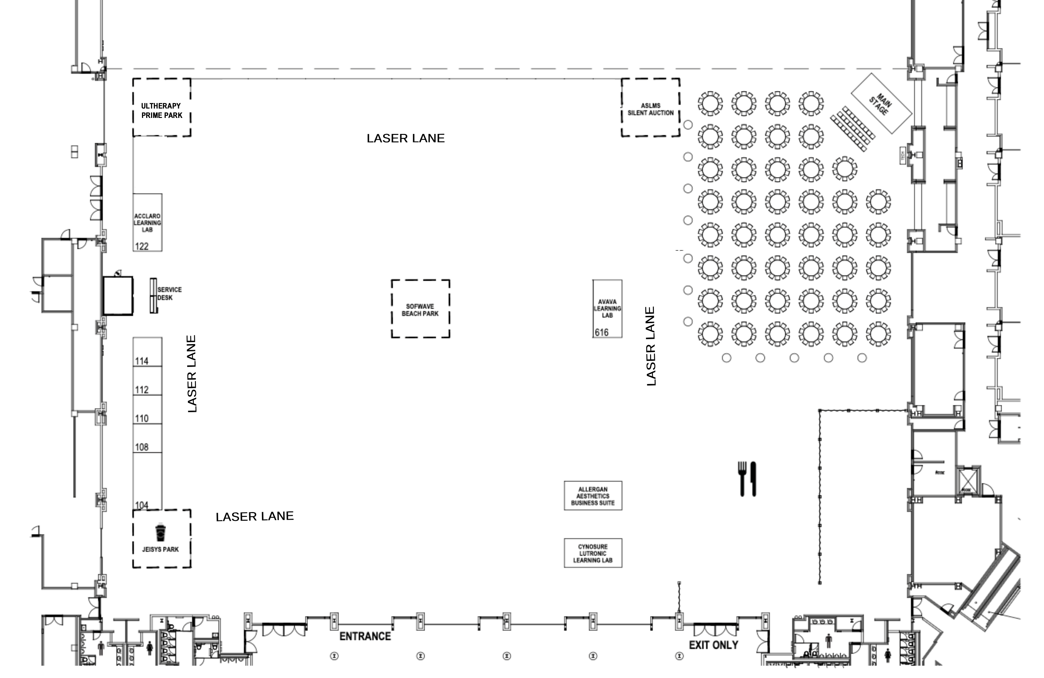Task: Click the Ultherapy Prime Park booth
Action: click(x=161, y=107)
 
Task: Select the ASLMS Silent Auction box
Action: click(x=650, y=107)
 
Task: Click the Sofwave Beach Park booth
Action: click(x=420, y=309)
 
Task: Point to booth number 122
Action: click(x=148, y=222)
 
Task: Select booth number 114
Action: click(x=148, y=352)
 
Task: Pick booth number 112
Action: click(x=148, y=381)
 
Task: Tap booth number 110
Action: click(x=148, y=409)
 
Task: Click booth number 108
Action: click(x=148, y=438)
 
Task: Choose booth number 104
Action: click(x=148, y=481)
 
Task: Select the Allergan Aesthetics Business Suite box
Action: click(x=593, y=496)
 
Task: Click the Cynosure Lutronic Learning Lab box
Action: click(x=593, y=553)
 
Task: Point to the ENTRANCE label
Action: click(x=365, y=636)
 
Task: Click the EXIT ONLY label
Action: click(x=713, y=645)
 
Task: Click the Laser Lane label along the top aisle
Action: click(x=406, y=138)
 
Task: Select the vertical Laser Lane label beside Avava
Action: click(x=651, y=346)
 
